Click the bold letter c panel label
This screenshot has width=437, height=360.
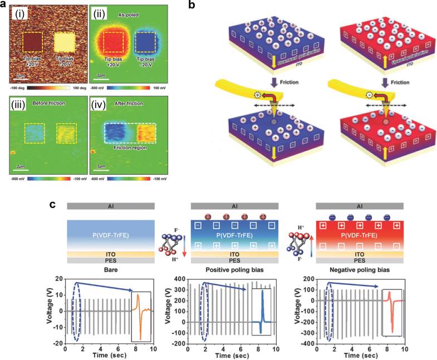53,205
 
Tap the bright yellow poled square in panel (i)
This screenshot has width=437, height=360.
66,43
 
